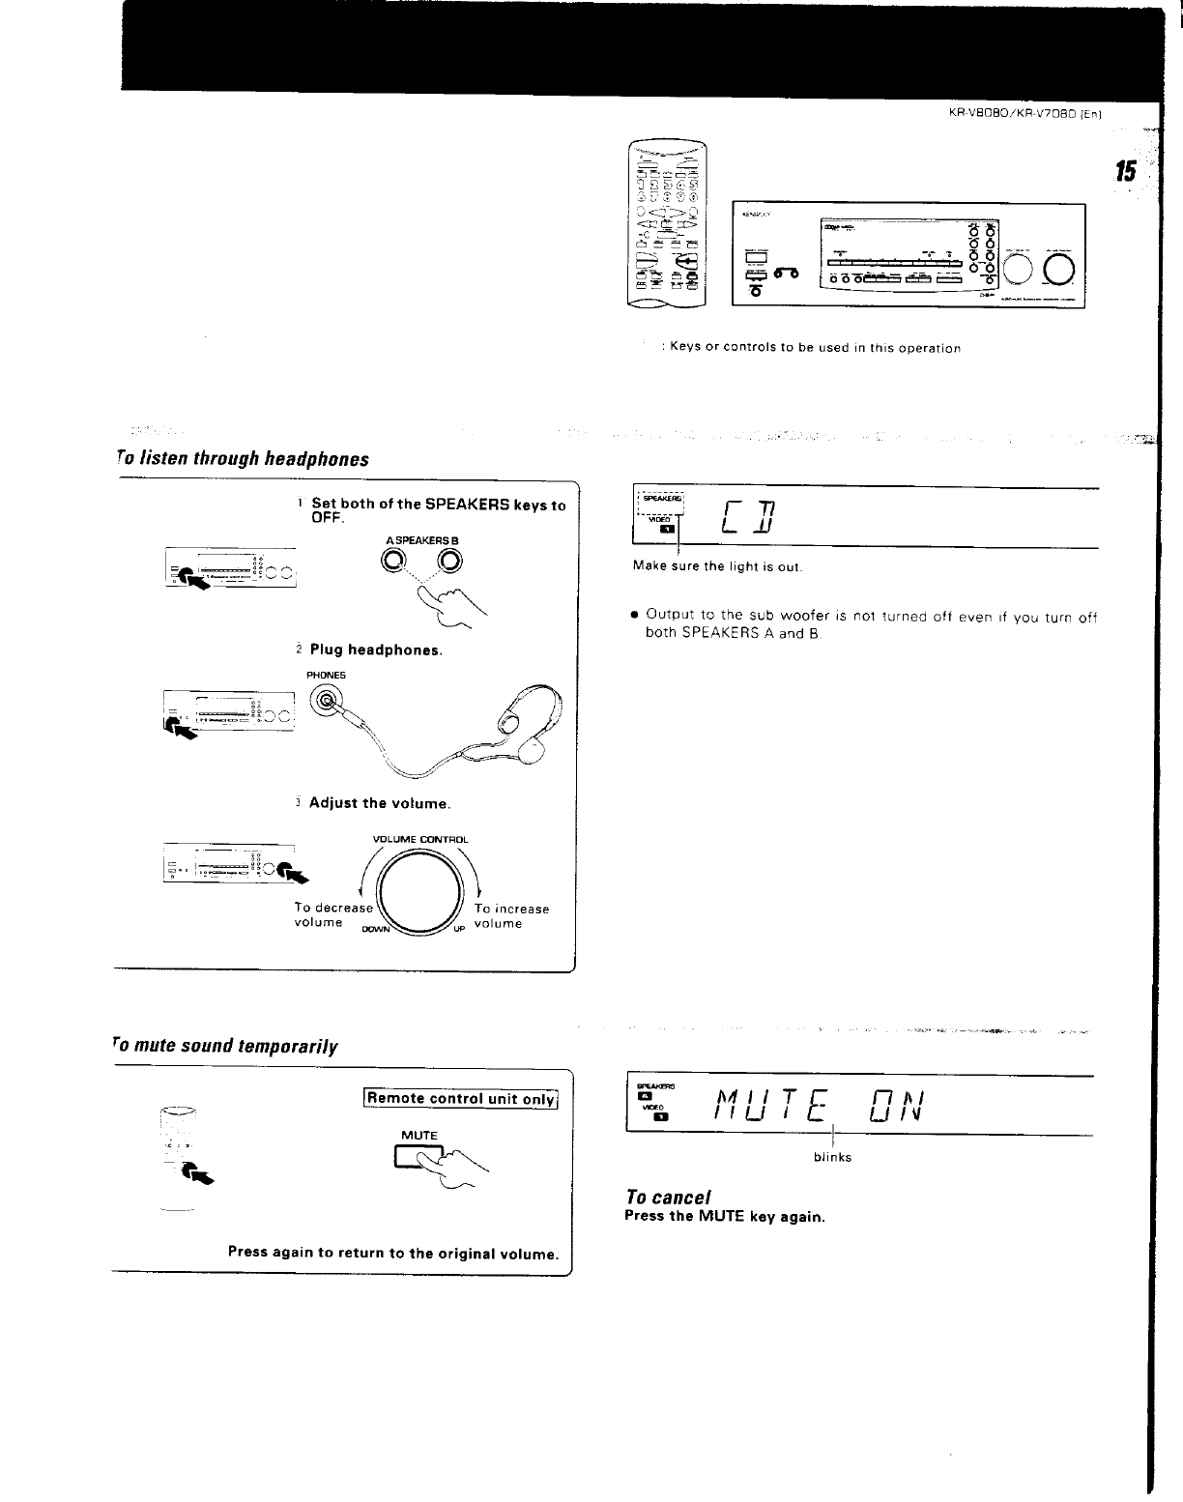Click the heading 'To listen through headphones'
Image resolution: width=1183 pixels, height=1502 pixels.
242,458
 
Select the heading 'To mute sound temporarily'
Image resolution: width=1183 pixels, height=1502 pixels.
225,1046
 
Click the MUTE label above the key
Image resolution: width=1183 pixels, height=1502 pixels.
419,1135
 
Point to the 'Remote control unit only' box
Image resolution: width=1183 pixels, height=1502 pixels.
461,1098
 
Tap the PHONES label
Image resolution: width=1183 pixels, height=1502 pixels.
326,675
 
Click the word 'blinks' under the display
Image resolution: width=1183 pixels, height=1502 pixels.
832,1157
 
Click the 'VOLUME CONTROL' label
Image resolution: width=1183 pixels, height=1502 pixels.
419,839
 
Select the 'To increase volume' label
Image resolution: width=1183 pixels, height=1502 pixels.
511,916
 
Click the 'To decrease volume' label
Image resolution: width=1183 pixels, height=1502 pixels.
332,915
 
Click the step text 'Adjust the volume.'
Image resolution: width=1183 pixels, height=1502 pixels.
380,803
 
